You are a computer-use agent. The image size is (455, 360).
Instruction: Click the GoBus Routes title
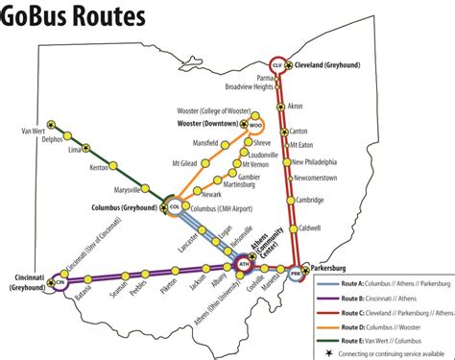click(73, 17)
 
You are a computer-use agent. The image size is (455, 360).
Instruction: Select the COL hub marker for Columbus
click(175, 205)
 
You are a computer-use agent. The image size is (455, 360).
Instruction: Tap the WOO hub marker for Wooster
click(255, 125)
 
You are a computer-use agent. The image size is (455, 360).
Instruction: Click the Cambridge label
click(309, 200)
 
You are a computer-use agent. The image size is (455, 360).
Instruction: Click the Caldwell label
click(308, 228)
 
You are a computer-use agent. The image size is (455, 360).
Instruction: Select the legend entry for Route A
click(384, 286)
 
